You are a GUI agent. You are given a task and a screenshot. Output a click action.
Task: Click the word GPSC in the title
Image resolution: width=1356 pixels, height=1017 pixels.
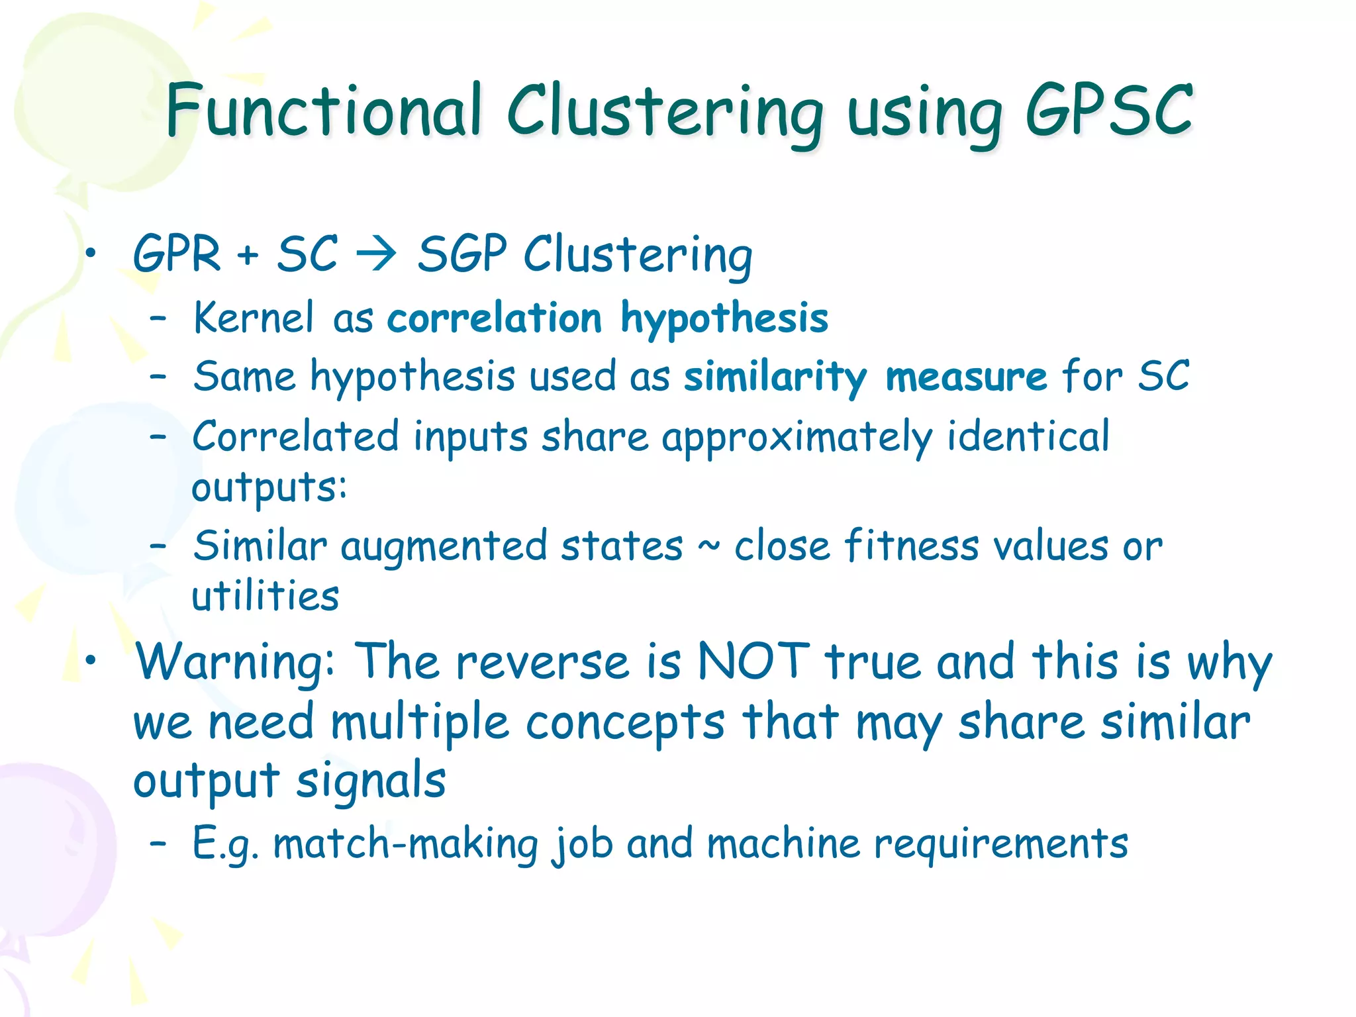click(1109, 111)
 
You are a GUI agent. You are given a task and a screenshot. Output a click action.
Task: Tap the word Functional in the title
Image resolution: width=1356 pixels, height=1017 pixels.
click(324, 111)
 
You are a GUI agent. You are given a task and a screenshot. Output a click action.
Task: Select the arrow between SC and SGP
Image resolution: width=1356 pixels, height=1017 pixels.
click(376, 254)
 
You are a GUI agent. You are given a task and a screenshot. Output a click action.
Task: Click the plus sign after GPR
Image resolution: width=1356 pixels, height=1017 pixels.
click(248, 255)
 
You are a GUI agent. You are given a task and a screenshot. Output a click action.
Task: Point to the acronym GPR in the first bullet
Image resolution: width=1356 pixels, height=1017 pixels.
click(177, 254)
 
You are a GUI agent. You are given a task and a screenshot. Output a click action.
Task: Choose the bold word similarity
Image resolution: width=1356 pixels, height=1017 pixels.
click(775, 378)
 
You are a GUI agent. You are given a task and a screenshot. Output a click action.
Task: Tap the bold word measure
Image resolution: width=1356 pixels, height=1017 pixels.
click(966, 377)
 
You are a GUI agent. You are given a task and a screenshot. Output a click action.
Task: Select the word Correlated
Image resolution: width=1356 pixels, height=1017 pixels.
click(295, 437)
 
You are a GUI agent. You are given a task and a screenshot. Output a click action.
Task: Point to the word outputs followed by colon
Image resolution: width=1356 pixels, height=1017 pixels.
click(269, 489)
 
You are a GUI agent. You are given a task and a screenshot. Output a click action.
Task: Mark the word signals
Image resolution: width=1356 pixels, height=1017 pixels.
click(370, 781)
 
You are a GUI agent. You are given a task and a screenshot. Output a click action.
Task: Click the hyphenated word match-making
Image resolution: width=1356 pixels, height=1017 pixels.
click(405, 845)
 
